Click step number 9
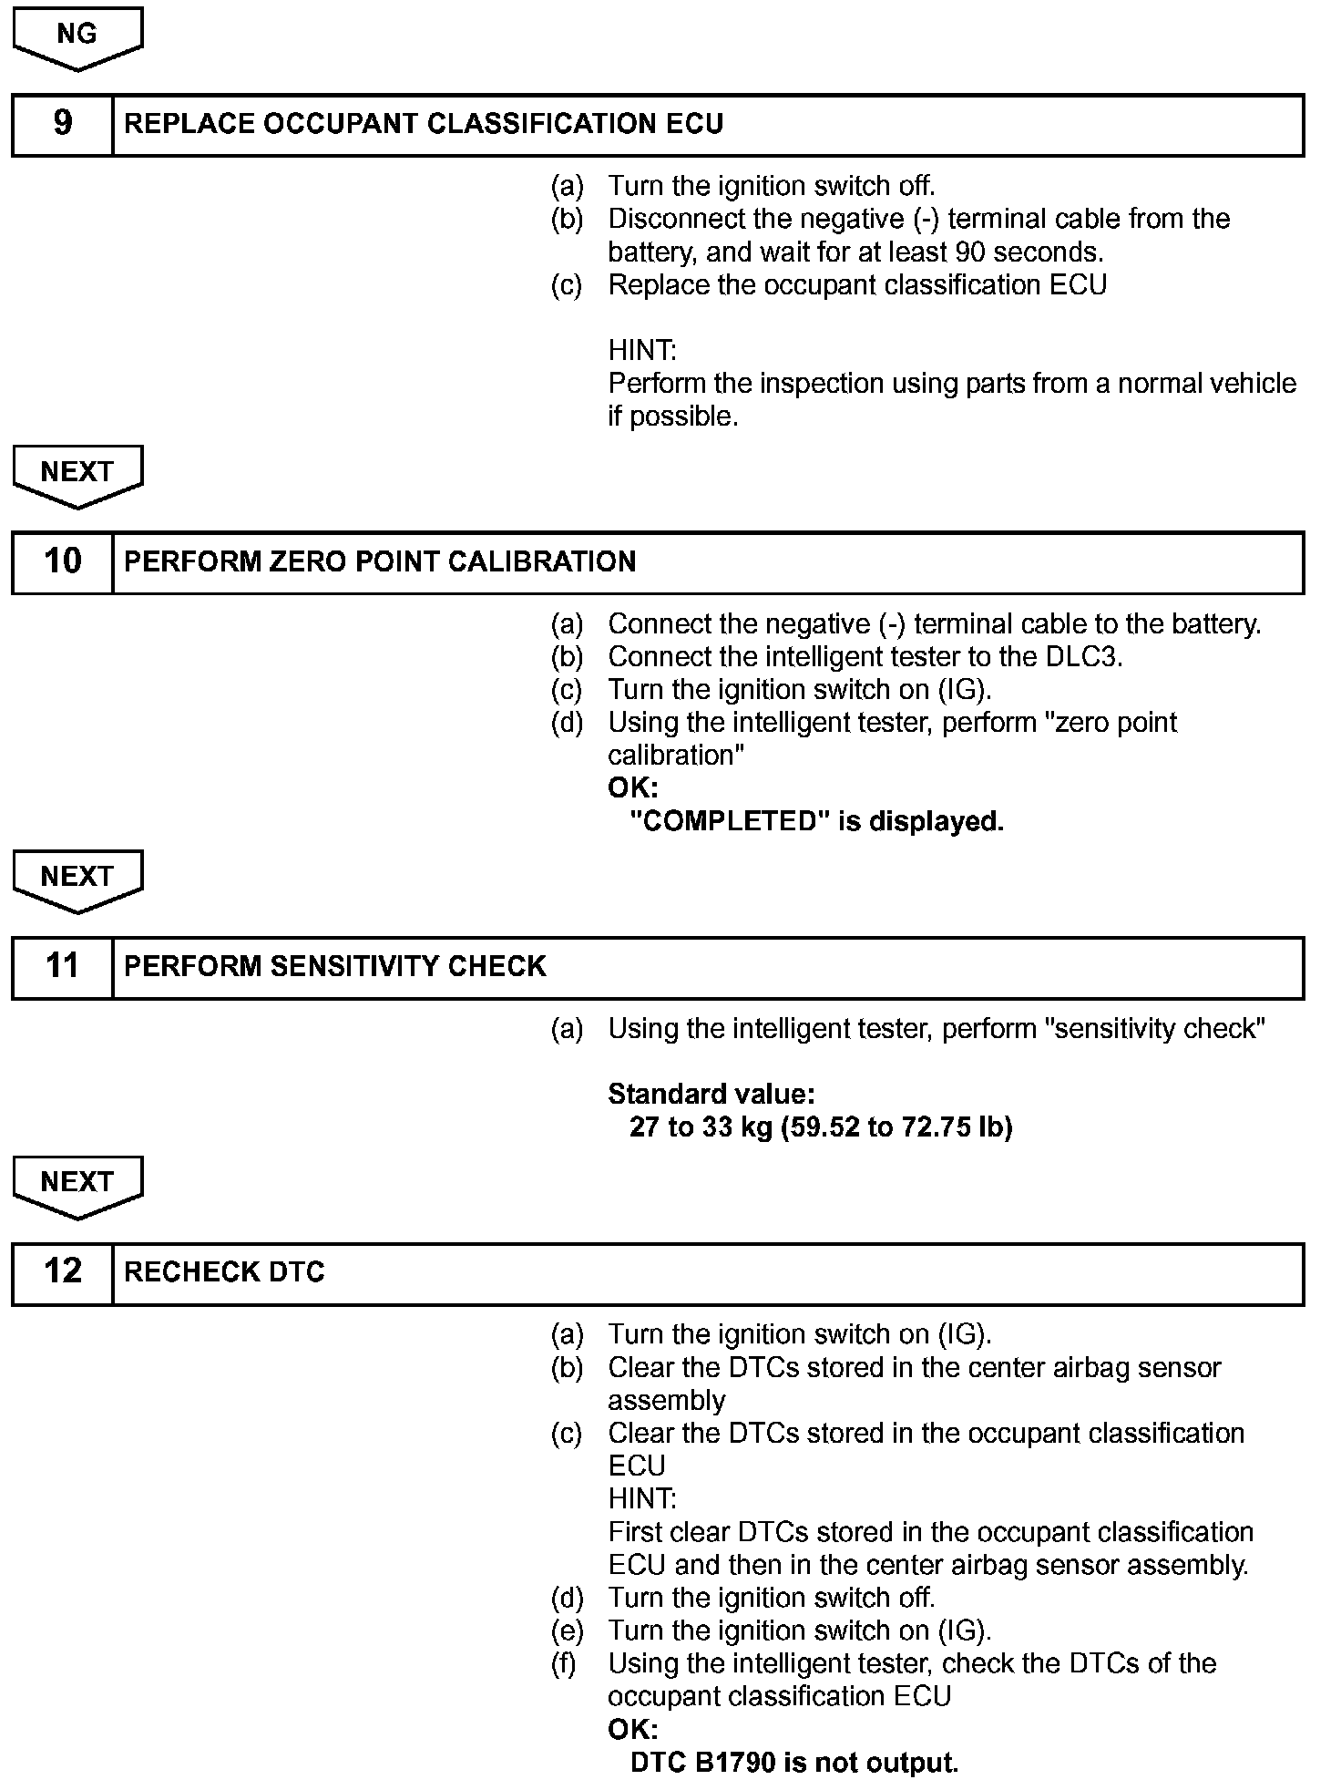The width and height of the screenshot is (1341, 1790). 62,124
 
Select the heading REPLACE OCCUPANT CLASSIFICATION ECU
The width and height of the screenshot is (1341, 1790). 424,124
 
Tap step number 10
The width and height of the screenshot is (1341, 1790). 62,561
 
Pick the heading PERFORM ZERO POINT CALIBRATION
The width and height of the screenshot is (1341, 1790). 380,561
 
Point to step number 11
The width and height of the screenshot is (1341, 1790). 62,966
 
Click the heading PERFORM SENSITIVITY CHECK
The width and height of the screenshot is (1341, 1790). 334,966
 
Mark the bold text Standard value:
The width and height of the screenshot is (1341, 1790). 711,1094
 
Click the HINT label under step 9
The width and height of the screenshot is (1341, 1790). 642,351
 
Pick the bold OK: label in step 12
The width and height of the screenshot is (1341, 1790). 632,1729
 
